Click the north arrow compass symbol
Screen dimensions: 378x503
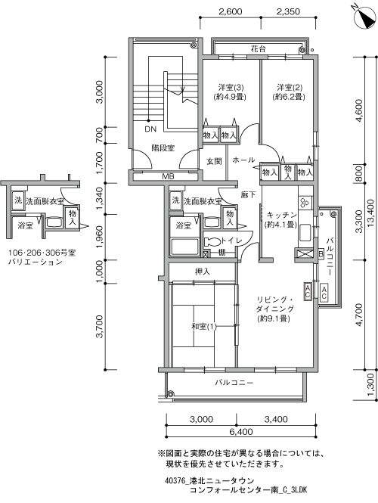coord(365,18)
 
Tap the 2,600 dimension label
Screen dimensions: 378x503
coord(230,12)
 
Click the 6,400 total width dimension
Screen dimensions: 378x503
coord(240,432)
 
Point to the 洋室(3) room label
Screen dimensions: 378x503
coord(229,87)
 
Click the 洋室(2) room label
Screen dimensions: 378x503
coord(290,87)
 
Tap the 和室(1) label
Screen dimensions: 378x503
coord(204,327)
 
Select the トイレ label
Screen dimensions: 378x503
coord(231,241)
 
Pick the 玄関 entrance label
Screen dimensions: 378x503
coord(214,160)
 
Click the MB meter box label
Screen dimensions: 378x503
coord(167,176)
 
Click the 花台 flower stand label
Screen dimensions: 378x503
coord(259,49)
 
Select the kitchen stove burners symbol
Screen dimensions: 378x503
coord(305,202)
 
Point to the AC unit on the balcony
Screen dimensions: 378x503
coord(324,292)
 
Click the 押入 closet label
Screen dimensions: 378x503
coord(203,272)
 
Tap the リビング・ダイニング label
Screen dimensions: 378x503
coord(274,304)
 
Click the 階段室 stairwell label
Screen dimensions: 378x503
coord(163,148)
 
